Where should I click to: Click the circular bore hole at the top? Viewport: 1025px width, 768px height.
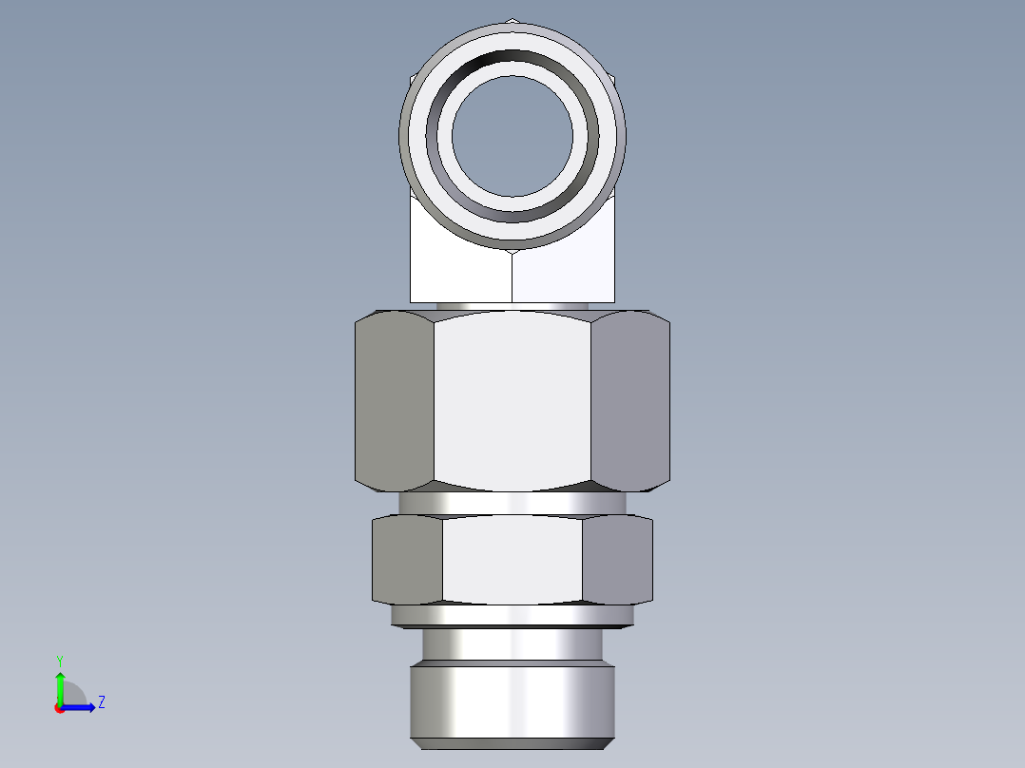click(x=512, y=134)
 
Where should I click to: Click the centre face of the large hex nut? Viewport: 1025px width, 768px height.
click(x=512, y=404)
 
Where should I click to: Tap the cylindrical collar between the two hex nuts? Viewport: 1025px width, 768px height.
click(x=512, y=503)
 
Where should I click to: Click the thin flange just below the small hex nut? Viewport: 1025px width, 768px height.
click(x=512, y=616)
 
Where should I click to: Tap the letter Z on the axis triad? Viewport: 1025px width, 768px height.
click(x=101, y=702)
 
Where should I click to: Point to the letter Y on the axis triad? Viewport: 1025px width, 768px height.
click(x=60, y=660)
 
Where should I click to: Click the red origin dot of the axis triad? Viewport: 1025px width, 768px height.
click(x=59, y=708)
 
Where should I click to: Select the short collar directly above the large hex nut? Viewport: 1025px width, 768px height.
click(x=512, y=306)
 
